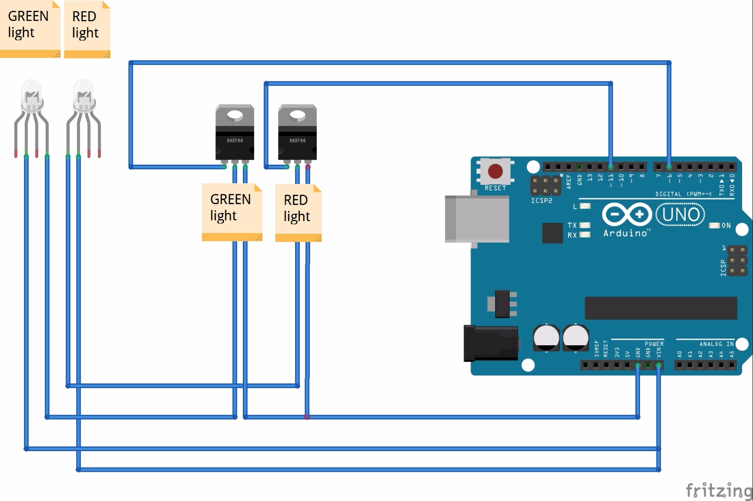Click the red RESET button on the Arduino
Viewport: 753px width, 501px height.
pyautogui.click(x=495, y=171)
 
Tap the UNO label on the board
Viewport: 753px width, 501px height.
pyautogui.click(x=681, y=215)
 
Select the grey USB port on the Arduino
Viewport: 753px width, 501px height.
pyautogui.click(x=476, y=219)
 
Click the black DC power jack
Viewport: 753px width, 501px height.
pyautogui.click(x=490, y=343)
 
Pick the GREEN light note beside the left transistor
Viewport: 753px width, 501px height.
pyautogui.click(x=232, y=212)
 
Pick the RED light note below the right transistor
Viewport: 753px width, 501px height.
pyautogui.click(x=298, y=213)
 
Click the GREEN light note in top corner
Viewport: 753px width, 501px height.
pyautogui.click(x=30, y=29)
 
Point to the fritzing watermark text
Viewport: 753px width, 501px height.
pyautogui.click(x=719, y=490)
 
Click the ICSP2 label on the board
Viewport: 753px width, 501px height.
pyautogui.click(x=541, y=201)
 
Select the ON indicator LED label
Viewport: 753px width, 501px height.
pyautogui.click(x=726, y=226)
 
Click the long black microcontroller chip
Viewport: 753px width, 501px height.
pyautogui.click(x=661, y=308)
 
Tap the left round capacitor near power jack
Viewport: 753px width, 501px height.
pyautogui.click(x=546, y=337)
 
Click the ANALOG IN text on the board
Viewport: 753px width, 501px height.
pyautogui.click(x=716, y=344)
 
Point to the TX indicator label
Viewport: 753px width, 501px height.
pyautogui.click(x=572, y=225)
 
